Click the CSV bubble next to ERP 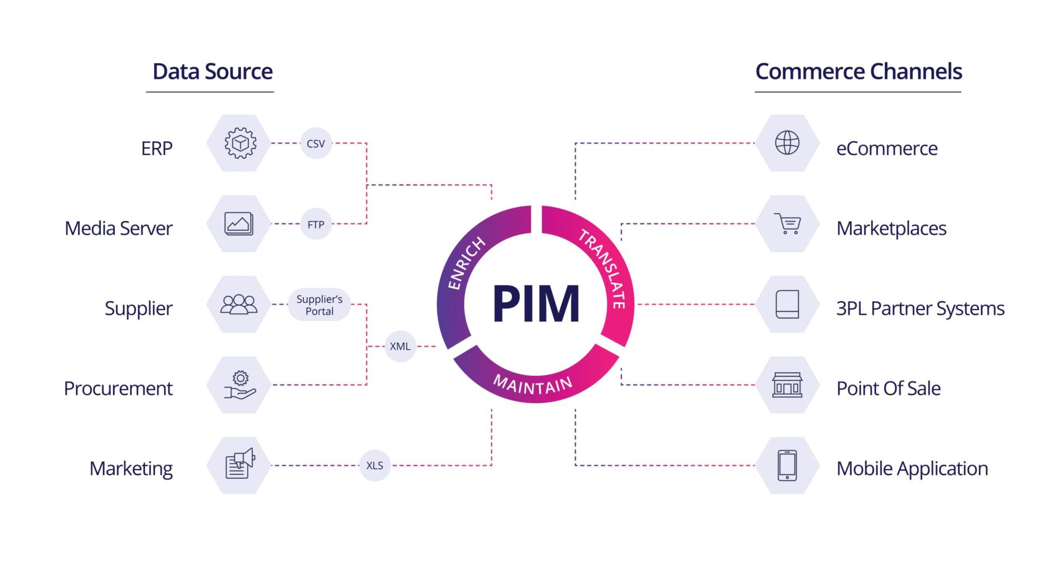(315, 144)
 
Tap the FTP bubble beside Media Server (315, 225)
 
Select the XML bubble (400, 346)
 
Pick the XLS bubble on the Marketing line (375, 465)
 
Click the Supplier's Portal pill (319, 305)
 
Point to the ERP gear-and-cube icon (240, 143)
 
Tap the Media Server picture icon (239, 224)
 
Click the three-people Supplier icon (239, 304)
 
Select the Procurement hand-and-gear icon (239, 385)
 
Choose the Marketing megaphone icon (239, 465)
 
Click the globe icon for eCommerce (787, 143)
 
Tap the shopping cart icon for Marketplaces (787, 223)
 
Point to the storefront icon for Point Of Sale (787, 385)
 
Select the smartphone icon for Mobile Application (787, 465)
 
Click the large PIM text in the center (536, 304)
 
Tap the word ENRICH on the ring (465, 263)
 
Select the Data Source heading (212, 72)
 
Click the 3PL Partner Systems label (920, 308)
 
